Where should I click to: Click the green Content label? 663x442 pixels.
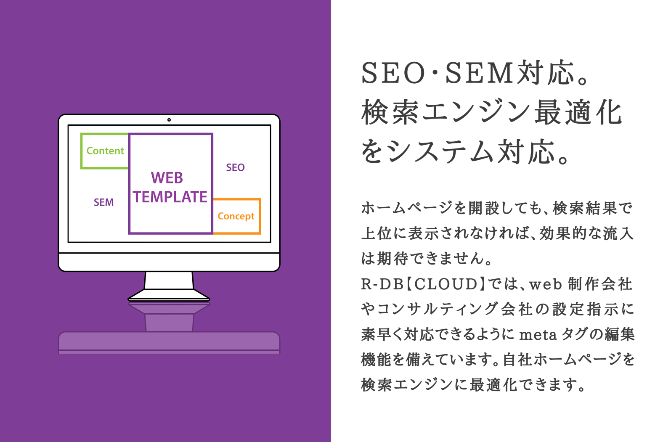click(105, 151)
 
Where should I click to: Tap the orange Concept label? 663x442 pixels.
click(236, 216)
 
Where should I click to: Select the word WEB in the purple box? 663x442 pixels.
click(167, 178)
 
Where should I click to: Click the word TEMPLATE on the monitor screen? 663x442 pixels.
click(170, 197)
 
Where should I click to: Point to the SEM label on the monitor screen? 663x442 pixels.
click(103, 202)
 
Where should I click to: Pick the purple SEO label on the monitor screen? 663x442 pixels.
click(235, 167)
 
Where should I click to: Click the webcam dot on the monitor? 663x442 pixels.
click(169, 120)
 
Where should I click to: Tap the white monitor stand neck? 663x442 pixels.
click(169, 281)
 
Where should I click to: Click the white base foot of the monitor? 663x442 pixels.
click(169, 295)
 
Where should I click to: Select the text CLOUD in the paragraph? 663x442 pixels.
click(445, 284)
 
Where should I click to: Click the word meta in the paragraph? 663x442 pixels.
click(538, 335)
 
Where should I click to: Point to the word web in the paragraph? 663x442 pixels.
click(546, 285)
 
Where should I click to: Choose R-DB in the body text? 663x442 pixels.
click(382, 284)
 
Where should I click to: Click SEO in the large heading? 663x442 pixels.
click(393, 73)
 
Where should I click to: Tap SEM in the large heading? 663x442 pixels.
click(479, 73)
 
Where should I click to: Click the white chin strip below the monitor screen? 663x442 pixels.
click(169, 262)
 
